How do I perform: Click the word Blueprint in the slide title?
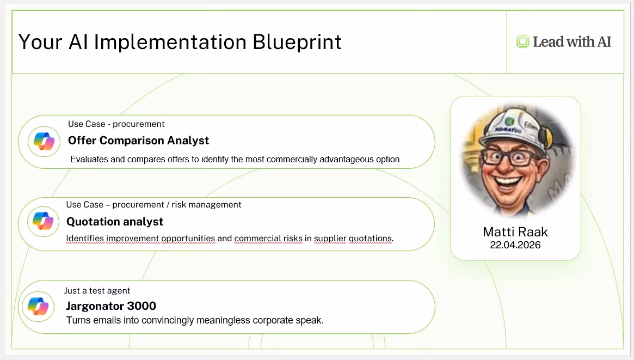[x=297, y=42]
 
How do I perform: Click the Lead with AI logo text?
[x=572, y=41]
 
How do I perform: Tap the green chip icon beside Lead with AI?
[x=522, y=41]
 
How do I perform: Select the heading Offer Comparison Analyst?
[x=138, y=141]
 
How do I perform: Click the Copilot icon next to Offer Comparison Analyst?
[x=44, y=141]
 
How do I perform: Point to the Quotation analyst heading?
[x=115, y=222]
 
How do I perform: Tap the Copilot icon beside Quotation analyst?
[x=43, y=221]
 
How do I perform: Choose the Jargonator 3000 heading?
[x=111, y=306]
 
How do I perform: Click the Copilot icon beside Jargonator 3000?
[x=38, y=307]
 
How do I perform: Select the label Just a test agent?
[x=97, y=290]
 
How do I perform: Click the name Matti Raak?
[x=515, y=232]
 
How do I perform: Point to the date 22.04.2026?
[x=515, y=245]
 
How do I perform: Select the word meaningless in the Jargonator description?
[x=223, y=320]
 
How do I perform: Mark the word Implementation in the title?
[x=170, y=42]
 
